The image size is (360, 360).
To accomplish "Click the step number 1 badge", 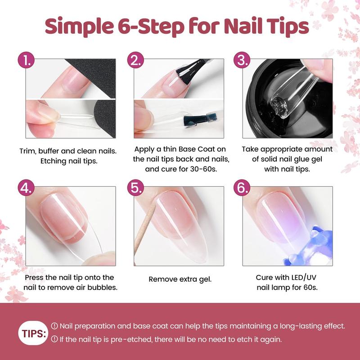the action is point(26,60).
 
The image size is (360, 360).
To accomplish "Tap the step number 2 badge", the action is point(136,60).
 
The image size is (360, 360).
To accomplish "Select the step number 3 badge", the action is point(242,60).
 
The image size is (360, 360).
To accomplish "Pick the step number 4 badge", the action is point(26,188).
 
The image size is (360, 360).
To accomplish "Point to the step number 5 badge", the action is point(136,188).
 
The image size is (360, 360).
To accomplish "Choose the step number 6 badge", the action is point(242,188).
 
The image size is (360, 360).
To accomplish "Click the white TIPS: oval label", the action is point(33,333).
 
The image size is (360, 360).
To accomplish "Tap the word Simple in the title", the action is point(79,27).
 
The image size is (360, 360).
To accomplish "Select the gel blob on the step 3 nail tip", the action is point(278,105).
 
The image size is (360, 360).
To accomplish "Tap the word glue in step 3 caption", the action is point(299,160).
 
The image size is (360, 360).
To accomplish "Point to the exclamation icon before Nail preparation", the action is point(54,326).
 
